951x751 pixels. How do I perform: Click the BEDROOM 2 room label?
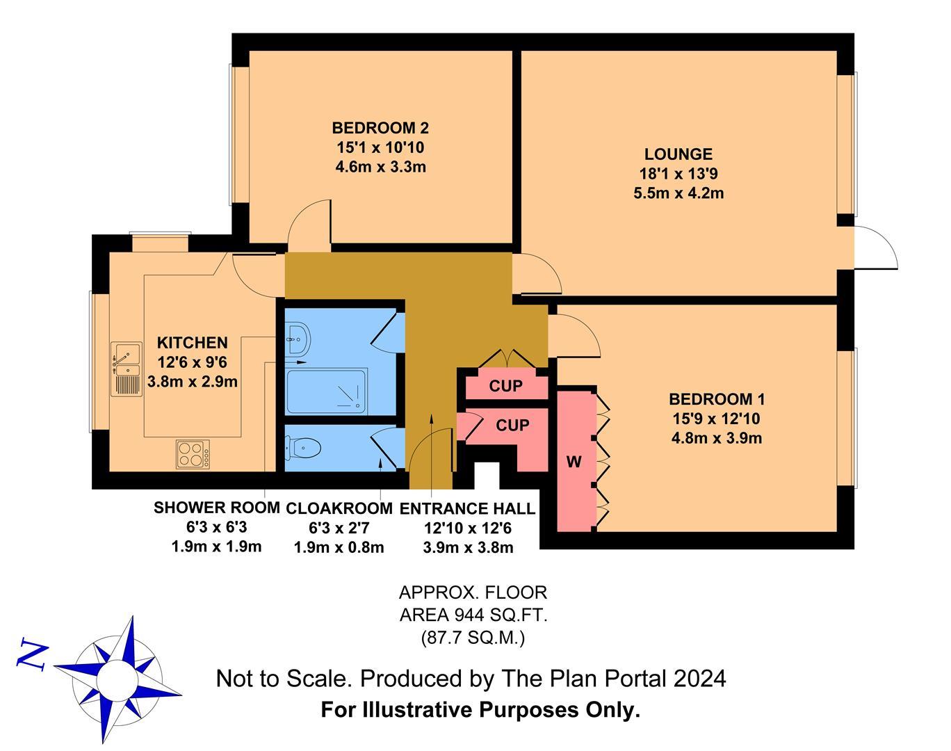tap(380, 128)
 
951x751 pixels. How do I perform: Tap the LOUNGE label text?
tap(678, 154)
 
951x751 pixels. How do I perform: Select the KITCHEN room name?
tap(193, 343)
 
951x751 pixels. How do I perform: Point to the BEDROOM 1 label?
tap(716, 399)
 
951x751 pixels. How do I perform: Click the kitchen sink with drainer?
tap(127, 369)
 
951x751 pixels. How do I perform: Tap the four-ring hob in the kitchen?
tap(193, 454)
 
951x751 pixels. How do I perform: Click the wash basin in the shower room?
tap(298, 339)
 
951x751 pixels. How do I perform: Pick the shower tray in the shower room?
tap(327, 391)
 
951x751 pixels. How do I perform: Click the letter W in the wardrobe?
tap(574, 462)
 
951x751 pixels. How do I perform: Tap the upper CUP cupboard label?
tap(505, 387)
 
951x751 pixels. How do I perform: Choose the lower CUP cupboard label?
tap(512, 426)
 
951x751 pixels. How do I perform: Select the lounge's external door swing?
tap(875, 248)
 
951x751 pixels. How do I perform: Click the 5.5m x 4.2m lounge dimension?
tap(678, 193)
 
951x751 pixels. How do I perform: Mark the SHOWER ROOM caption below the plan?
tap(216, 508)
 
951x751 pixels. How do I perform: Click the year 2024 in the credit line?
tap(700, 679)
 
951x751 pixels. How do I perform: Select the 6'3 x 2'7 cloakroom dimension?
tap(339, 528)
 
